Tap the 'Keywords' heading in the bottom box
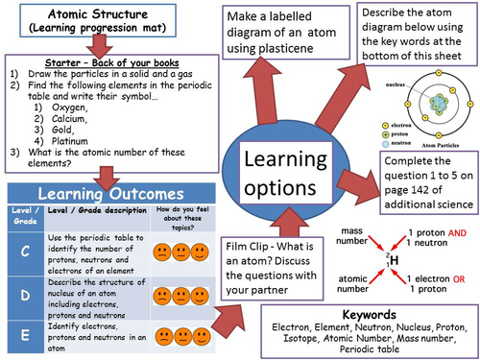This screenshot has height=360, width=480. [369, 315]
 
